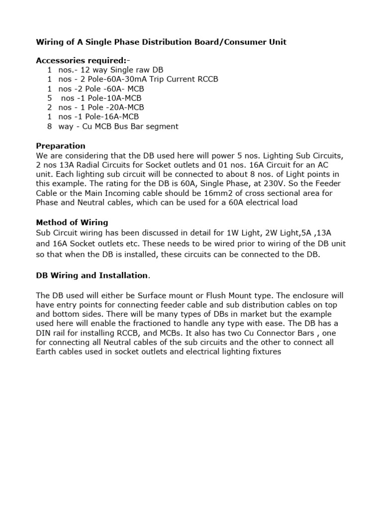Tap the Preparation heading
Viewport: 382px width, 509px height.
[61, 146]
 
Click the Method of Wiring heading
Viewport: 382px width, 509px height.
[72, 222]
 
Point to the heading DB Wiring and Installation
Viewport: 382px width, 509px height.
[92, 275]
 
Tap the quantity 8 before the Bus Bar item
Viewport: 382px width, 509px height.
[50, 127]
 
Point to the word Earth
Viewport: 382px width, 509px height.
[47, 352]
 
